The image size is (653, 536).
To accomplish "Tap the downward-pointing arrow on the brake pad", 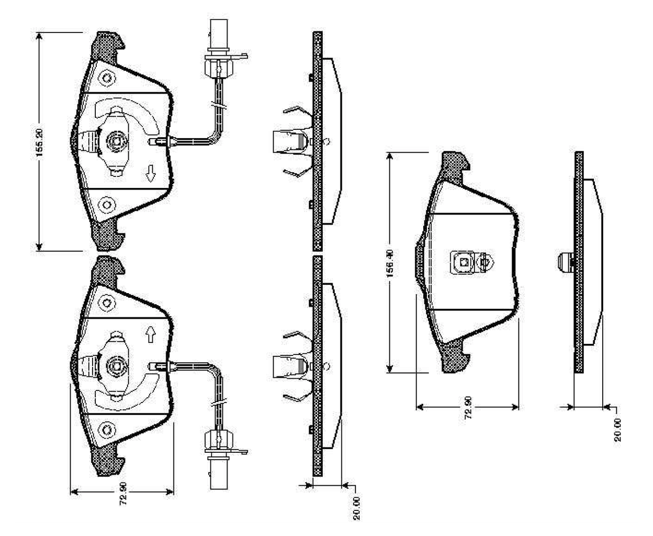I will pos(151,173).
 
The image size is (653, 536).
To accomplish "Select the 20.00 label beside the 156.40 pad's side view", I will pos(618,430).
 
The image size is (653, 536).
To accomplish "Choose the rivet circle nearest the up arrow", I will pos(107,303).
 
